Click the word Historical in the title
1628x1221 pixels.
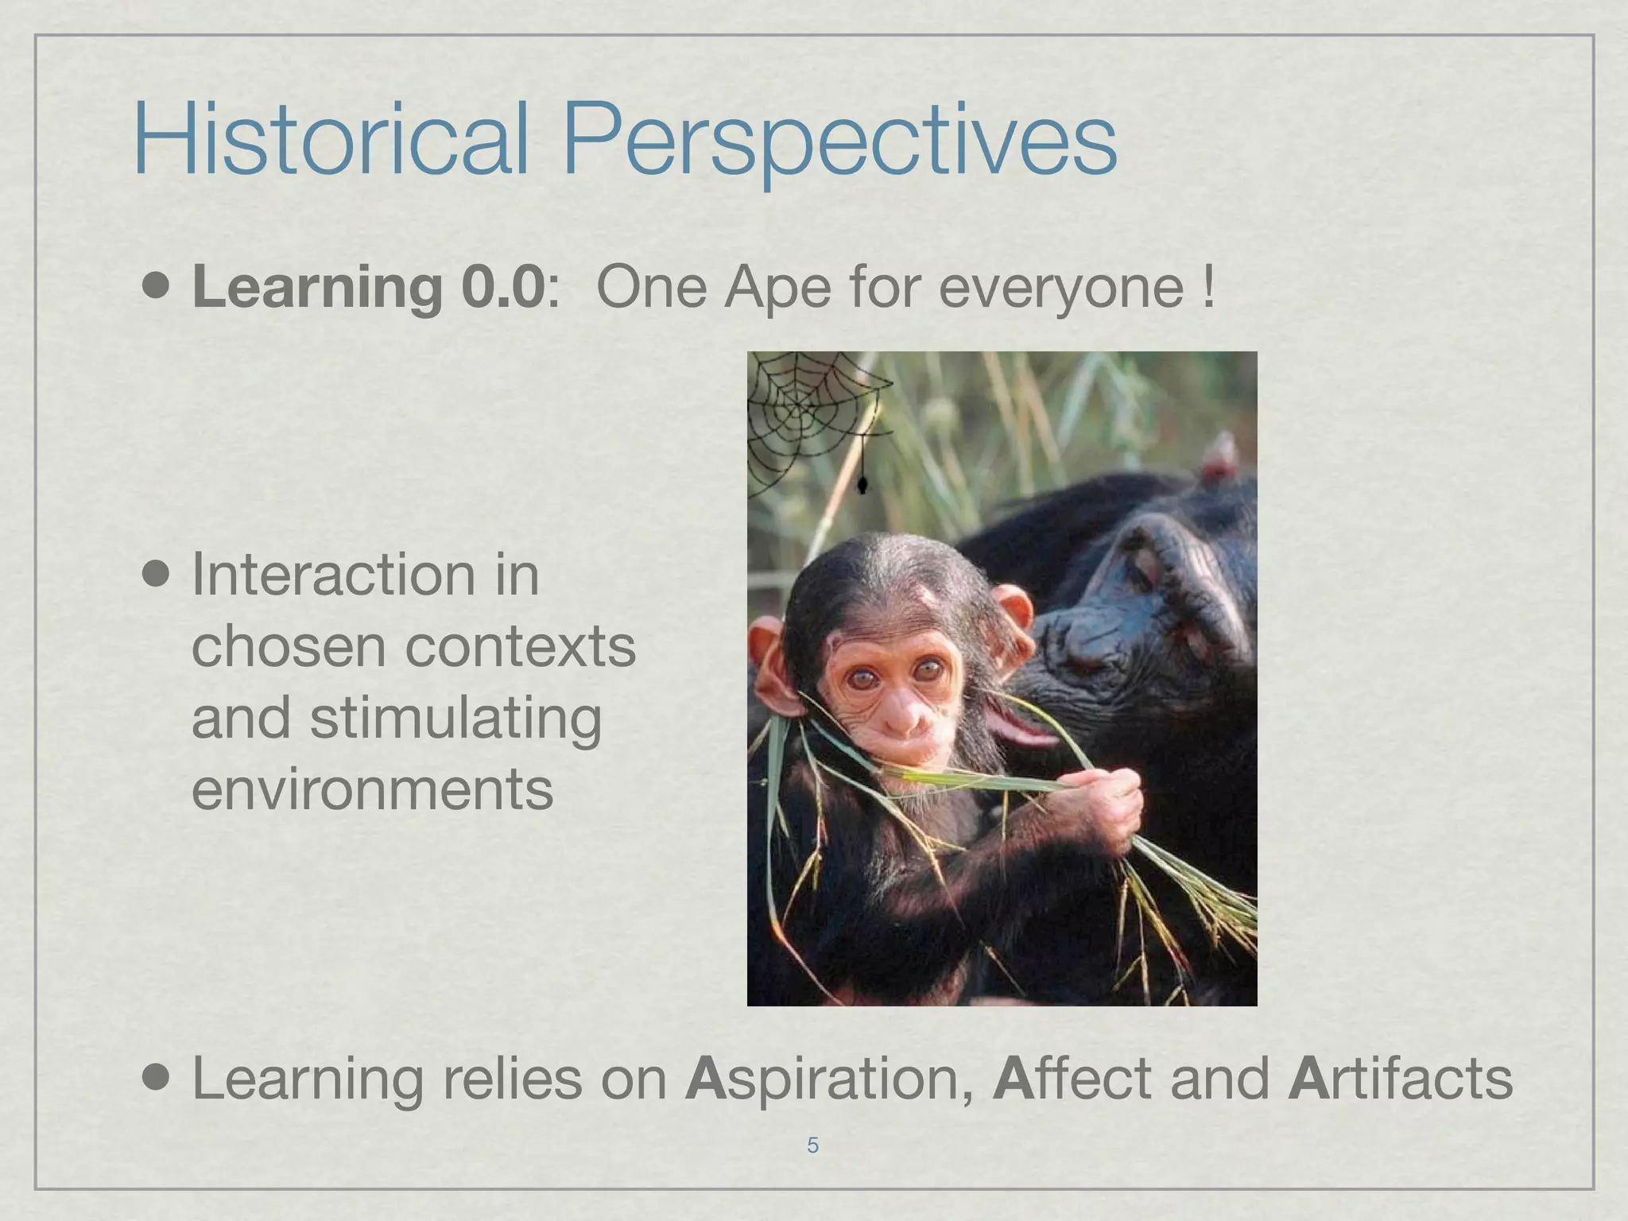(x=330, y=139)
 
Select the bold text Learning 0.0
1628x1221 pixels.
(x=369, y=288)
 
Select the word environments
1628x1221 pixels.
(x=372, y=789)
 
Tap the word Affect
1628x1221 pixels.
(x=1072, y=1078)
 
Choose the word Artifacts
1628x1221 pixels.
(x=1399, y=1078)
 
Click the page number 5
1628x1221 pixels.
(x=812, y=1145)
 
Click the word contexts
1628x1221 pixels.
(x=520, y=647)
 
